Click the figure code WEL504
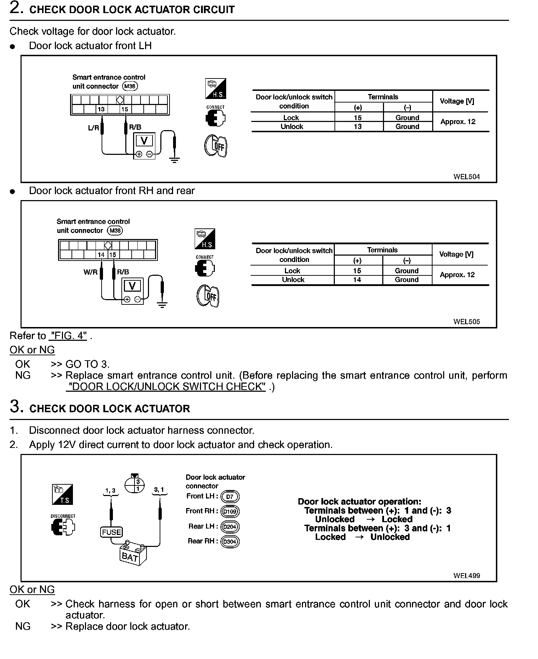tap(467, 177)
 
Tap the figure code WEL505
tap(467, 322)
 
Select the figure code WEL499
tap(467, 576)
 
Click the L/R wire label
tap(93, 128)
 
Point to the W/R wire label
tap(90, 272)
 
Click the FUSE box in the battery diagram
tap(111, 532)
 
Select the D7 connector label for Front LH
tap(230, 497)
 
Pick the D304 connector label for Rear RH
tap(230, 542)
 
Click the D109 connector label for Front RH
tap(230, 512)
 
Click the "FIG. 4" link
tap(69, 336)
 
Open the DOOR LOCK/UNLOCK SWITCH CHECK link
tap(166, 387)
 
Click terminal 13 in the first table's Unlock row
tap(357, 127)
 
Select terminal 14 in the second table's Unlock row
tap(357, 280)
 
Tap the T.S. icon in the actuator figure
tap(62, 494)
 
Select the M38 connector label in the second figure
tap(115, 231)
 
